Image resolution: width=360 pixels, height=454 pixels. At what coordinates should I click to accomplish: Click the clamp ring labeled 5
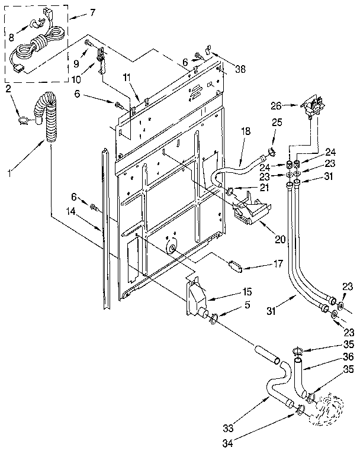click(x=211, y=320)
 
